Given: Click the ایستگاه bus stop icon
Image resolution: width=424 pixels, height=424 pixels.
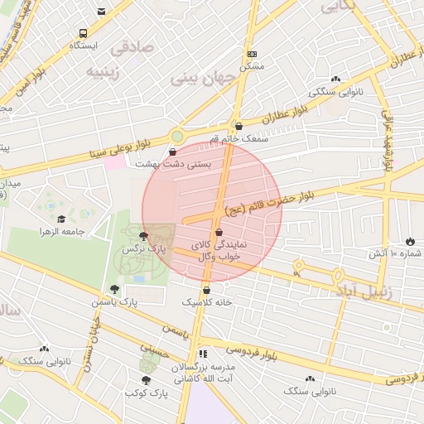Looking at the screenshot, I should pos(83,34).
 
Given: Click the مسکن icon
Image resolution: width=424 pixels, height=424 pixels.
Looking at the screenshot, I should pos(252,53).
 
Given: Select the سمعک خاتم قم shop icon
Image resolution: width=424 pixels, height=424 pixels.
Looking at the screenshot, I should pos(239,127).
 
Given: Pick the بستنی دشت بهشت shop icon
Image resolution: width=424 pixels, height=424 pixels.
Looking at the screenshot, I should pos(171,152).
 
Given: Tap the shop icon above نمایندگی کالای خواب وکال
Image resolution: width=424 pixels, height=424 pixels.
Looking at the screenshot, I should pos(219,233).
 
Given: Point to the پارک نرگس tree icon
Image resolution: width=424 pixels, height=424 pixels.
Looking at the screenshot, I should pos(144,236).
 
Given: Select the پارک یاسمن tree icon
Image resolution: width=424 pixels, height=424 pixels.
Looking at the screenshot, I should pos(113,289).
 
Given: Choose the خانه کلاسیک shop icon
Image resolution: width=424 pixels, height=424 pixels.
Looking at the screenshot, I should pos(206,291).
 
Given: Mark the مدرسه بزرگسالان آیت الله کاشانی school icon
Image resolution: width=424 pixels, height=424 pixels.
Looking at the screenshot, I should pos(204,354).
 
